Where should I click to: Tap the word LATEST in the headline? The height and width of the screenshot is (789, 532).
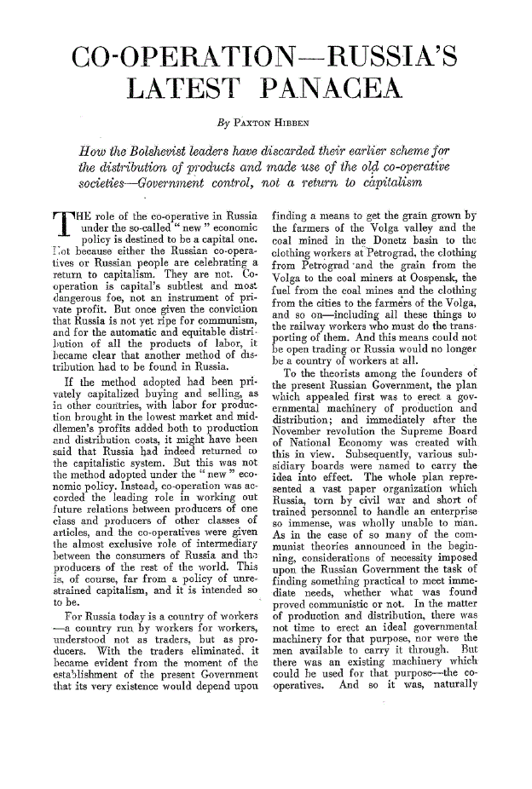[187, 97]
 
